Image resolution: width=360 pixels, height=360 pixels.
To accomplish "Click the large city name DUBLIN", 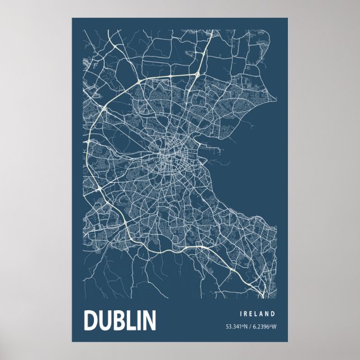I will (x=120, y=320).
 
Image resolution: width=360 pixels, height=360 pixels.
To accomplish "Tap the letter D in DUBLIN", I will (x=91, y=320).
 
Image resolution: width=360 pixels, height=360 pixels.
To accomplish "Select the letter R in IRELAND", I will (x=248, y=314).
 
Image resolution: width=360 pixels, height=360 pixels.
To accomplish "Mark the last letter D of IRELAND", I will (x=274, y=314).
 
